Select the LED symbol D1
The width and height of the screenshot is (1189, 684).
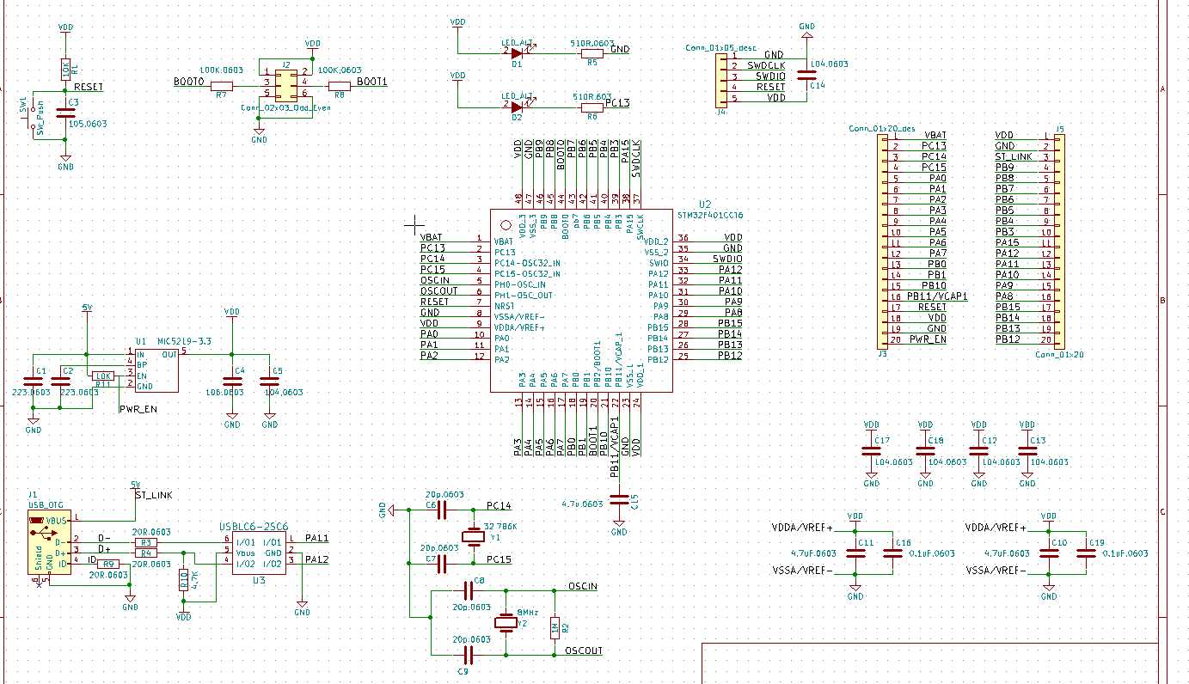coord(517,52)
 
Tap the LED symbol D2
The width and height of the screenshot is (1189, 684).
coord(517,107)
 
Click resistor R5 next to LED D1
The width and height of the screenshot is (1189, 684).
coord(591,52)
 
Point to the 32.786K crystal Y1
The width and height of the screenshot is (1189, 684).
coord(473,537)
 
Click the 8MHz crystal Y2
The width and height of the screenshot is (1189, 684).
coord(506,623)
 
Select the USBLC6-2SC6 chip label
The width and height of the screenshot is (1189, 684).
coord(253,527)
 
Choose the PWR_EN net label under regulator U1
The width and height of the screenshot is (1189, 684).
coord(138,409)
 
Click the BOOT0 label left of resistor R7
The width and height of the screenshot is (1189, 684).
coord(189,82)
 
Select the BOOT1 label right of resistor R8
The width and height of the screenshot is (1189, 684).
coord(371,82)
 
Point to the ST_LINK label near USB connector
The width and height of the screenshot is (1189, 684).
coord(154,495)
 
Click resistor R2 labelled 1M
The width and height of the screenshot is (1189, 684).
coord(555,627)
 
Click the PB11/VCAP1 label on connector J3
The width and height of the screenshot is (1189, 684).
coord(937,296)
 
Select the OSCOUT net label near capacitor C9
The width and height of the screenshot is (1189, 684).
coord(584,650)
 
